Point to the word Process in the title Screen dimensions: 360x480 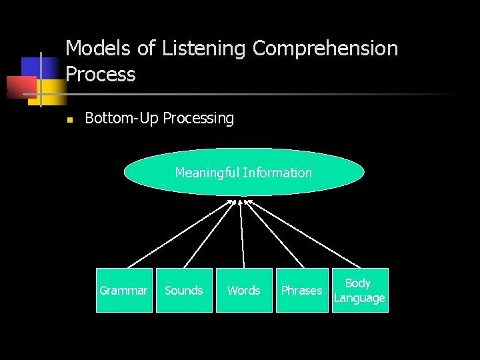coord(101,75)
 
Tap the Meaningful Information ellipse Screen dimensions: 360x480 coord(243,172)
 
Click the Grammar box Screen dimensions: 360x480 coord(124,290)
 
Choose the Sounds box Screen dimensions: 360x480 coord(184,290)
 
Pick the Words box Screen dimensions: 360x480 coord(244,290)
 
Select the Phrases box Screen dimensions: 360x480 coord(301,290)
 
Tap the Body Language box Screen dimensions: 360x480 coord(359,290)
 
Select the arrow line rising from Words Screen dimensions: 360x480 coord(241,233)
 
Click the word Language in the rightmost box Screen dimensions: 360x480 coord(359,298)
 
